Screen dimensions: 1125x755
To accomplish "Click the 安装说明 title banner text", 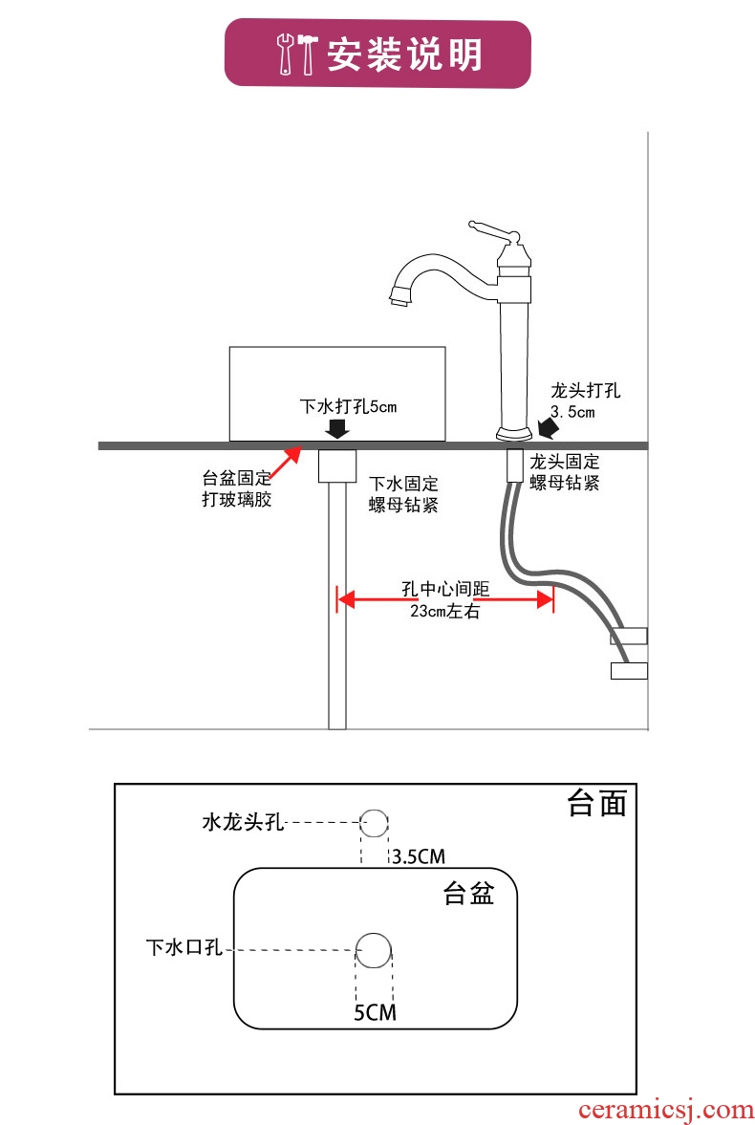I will point(404,54).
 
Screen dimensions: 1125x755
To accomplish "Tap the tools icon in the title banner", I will point(296,54).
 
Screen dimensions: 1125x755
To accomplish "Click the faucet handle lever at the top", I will point(492,229).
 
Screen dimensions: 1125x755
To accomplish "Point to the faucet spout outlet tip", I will point(400,300).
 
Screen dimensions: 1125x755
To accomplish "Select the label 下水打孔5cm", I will point(349,406).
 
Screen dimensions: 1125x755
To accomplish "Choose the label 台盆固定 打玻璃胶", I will point(236,488).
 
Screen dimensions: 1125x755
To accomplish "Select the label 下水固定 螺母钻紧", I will point(403,494).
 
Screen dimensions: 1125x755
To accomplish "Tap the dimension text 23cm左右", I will point(444,612).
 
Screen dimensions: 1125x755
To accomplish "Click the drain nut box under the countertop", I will point(336,465).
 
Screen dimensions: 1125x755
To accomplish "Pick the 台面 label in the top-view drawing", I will point(596,804).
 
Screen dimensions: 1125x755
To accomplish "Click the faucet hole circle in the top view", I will point(375,822).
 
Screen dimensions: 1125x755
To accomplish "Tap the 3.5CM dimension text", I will point(419,855).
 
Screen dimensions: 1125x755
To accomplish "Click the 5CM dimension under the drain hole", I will point(374,1012).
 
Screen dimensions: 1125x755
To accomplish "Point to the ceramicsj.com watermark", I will point(666,1110).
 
